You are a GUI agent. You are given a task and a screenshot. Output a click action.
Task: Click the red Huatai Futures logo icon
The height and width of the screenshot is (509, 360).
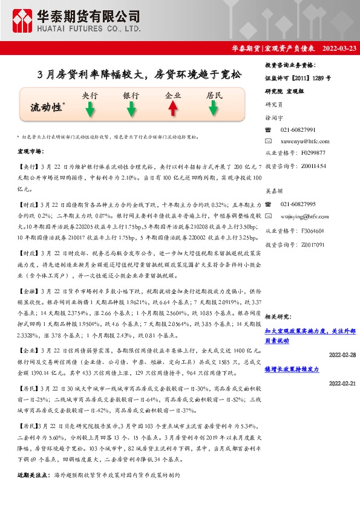coord(24,21)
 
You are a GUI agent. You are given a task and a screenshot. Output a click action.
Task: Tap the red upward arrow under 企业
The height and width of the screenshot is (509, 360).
coord(172,109)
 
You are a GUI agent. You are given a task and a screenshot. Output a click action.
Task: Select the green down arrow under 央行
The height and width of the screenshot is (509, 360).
coord(90,109)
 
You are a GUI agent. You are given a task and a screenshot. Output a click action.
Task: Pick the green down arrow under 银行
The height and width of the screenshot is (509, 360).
coord(131,109)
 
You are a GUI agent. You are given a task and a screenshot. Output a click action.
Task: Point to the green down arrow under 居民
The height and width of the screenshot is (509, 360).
coord(214,109)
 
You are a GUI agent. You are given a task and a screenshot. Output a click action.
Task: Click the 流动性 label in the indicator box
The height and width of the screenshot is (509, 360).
coord(47,108)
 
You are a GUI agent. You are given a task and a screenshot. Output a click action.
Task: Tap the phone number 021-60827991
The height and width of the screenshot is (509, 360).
coord(298,130)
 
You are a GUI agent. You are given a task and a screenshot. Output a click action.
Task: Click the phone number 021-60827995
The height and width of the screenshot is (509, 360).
coord(298,204)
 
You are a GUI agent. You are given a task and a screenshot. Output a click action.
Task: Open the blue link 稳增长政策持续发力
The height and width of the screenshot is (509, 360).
coord(292,369)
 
